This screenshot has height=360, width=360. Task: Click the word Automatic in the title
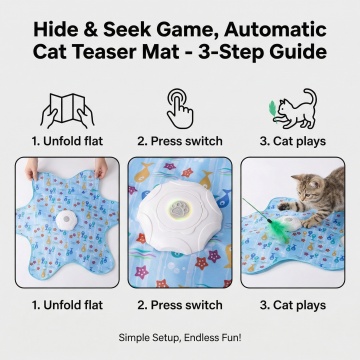click(x=275, y=30)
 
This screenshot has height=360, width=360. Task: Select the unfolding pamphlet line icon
click(x=67, y=110)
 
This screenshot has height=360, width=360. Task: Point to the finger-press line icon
click(x=180, y=108)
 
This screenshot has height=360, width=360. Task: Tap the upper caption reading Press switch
click(x=180, y=141)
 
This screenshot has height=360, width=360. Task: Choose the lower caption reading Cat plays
click(x=293, y=305)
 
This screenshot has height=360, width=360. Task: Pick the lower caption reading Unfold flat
click(x=67, y=305)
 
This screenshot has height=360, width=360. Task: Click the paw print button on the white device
click(x=180, y=210)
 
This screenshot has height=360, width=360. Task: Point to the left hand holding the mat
click(x=32, y=168)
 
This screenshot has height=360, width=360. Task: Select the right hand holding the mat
click(x=101, y=168)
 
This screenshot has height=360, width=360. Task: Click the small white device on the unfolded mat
click(x=66, y=220)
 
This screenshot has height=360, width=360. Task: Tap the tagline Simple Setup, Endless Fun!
click(x=180, y=338)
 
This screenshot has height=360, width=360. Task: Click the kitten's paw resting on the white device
click(x=307, y=223)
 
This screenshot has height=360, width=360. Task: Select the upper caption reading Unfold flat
click(x=67, y=141)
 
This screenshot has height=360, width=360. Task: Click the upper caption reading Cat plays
click(x=293, y=141)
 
